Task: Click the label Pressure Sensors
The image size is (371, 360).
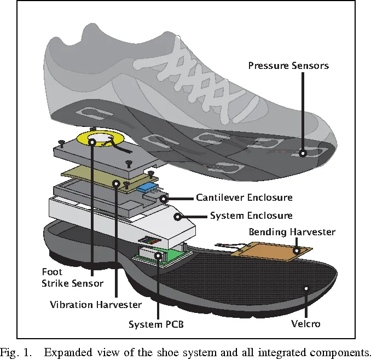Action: click(288, 66)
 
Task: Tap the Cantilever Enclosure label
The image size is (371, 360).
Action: click(244, 198)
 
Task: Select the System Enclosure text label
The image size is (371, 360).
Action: click(251, 216)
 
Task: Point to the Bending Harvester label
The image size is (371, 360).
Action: click(292, 232)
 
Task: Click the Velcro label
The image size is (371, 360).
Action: click(305, 323)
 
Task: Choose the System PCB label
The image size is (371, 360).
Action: click(156, 324)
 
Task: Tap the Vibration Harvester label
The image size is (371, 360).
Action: click(96, 304)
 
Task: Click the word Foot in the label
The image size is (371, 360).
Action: click(52, 272)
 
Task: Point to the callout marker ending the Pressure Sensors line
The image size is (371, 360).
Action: click(303, 154)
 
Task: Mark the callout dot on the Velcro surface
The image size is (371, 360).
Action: click(306, 288)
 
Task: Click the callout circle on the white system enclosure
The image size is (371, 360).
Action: click(178, 217)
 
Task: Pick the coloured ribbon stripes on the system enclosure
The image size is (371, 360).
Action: click(149, 240)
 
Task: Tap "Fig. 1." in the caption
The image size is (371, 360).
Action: click(16, 352)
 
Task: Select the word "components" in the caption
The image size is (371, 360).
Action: click(340, 353)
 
